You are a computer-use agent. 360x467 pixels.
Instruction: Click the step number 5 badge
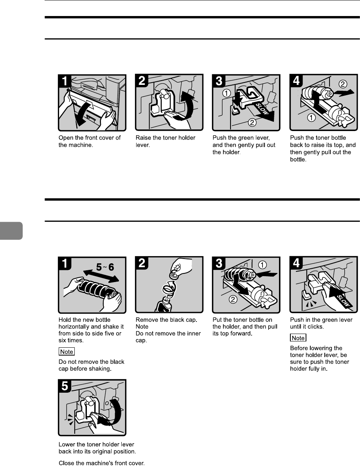(x=65, y=386)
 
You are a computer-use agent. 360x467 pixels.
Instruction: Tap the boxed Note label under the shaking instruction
(x=67, y=352)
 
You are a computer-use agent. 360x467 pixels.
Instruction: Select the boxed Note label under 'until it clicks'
(x=298, y=338)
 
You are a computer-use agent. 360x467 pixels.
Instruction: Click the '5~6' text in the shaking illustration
(x=105, y=267)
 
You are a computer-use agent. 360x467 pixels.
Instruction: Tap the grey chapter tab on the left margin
(x=11, y=230)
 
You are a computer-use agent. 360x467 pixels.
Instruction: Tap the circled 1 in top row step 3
(x=227, y=93)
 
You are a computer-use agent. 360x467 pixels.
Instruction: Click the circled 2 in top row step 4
(x=343, y=84)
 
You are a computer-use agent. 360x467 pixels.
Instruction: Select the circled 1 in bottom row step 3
(x=262, y=265)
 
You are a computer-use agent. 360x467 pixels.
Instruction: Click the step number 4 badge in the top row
(x=297, y=81)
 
